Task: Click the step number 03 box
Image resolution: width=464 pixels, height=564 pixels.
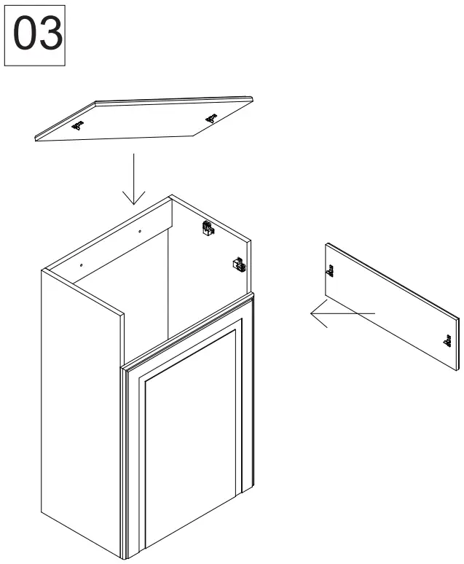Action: tap(35, 36)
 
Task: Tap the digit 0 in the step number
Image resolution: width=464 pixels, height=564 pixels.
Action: tap(25, 36)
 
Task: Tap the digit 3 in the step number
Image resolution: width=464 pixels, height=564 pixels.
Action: tap(48, 36)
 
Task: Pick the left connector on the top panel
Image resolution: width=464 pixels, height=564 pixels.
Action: tap(77, 125)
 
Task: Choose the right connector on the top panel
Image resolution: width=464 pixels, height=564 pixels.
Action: tap(211, 117)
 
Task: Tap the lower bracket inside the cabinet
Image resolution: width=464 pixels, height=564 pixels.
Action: tap(238, 265)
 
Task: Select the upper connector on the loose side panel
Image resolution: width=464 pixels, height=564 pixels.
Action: tap(329, 272)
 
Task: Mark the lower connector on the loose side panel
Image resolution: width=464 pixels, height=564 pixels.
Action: tap(445, 340)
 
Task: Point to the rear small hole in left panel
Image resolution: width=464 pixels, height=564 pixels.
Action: tap(140, 231)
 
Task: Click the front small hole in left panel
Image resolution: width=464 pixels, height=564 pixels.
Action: tap(82, 265)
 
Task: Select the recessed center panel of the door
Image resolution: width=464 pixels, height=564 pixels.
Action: tap(191, 444)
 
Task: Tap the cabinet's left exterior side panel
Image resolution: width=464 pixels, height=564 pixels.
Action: tap(80, 408)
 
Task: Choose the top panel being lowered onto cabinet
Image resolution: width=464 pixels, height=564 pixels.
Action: tap(146, 118)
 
